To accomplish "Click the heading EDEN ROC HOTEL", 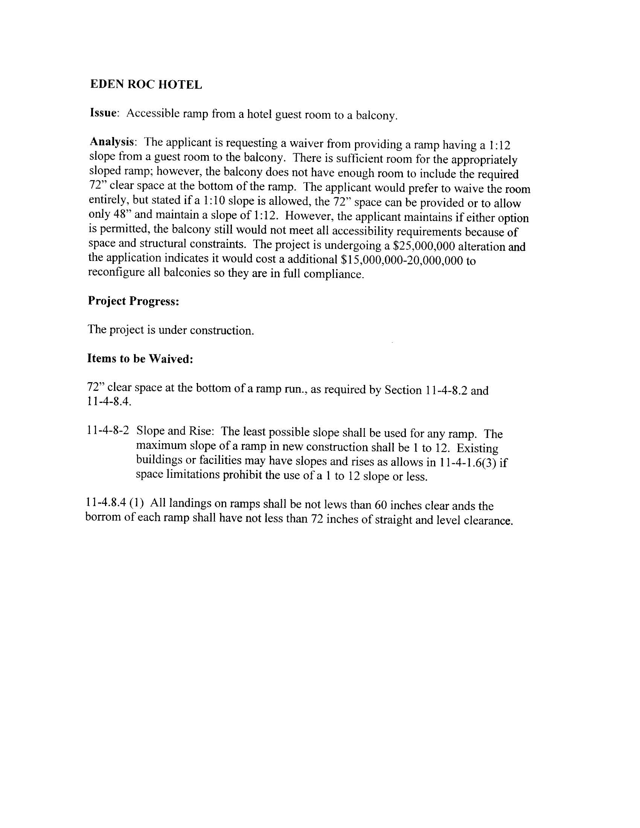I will (x=146, y=84).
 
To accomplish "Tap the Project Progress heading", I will (x=134, y=300).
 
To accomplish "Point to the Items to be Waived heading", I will (x=140, y=358).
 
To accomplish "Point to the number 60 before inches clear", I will (x=380, y=505).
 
